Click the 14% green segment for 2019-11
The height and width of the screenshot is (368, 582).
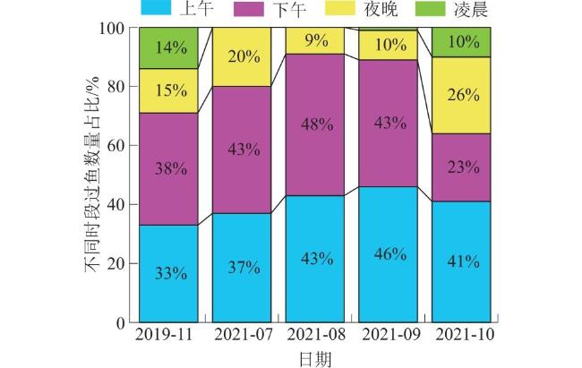tap(167, 48)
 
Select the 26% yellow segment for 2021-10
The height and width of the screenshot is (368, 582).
tap(461, 95)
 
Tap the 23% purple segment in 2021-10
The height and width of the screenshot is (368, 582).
tap(461, 167)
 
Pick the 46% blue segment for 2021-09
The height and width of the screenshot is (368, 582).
tap(388, 254)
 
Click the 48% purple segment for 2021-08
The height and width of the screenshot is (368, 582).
tap(315, 124)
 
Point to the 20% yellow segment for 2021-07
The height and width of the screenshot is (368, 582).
tap(242, 57)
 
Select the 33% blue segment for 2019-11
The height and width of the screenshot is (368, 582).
tap(167, 273)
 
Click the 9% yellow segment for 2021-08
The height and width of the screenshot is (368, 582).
tap(315, 41)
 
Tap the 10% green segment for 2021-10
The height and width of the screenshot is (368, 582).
tap(461, 42)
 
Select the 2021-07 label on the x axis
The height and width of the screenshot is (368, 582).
tap(242, 337)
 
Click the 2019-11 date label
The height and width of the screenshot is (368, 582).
tap(167, 337)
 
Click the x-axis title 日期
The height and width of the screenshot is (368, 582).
tap(314, 358)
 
